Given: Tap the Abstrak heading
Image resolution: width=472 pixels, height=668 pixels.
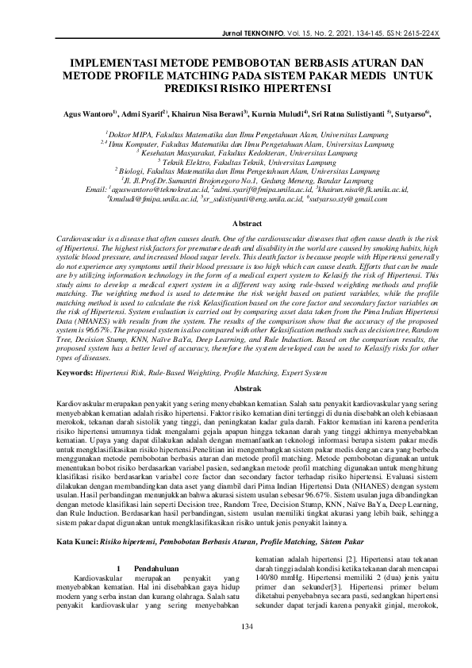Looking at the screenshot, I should point(236,388).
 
